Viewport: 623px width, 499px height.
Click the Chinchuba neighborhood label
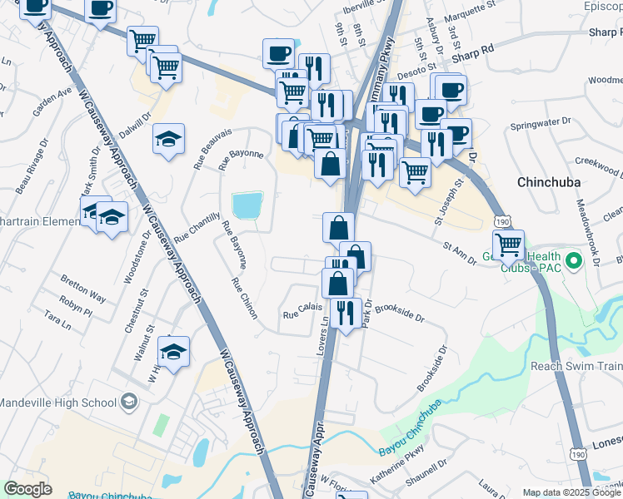(553, 181)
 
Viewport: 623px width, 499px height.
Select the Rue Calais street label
(302, 314)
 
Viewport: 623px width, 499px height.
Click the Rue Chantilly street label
(197, 230)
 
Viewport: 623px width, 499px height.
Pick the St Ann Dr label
(459, 248)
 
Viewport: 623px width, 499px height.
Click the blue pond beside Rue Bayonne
(247, 205)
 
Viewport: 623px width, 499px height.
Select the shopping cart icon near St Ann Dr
(507, 245)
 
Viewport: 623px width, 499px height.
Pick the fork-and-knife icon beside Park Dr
(345, 312)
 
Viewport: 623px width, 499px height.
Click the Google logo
(27, 488)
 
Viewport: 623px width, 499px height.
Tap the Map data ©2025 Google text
(571, 492)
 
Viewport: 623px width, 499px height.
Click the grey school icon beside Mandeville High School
(128, 403)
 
